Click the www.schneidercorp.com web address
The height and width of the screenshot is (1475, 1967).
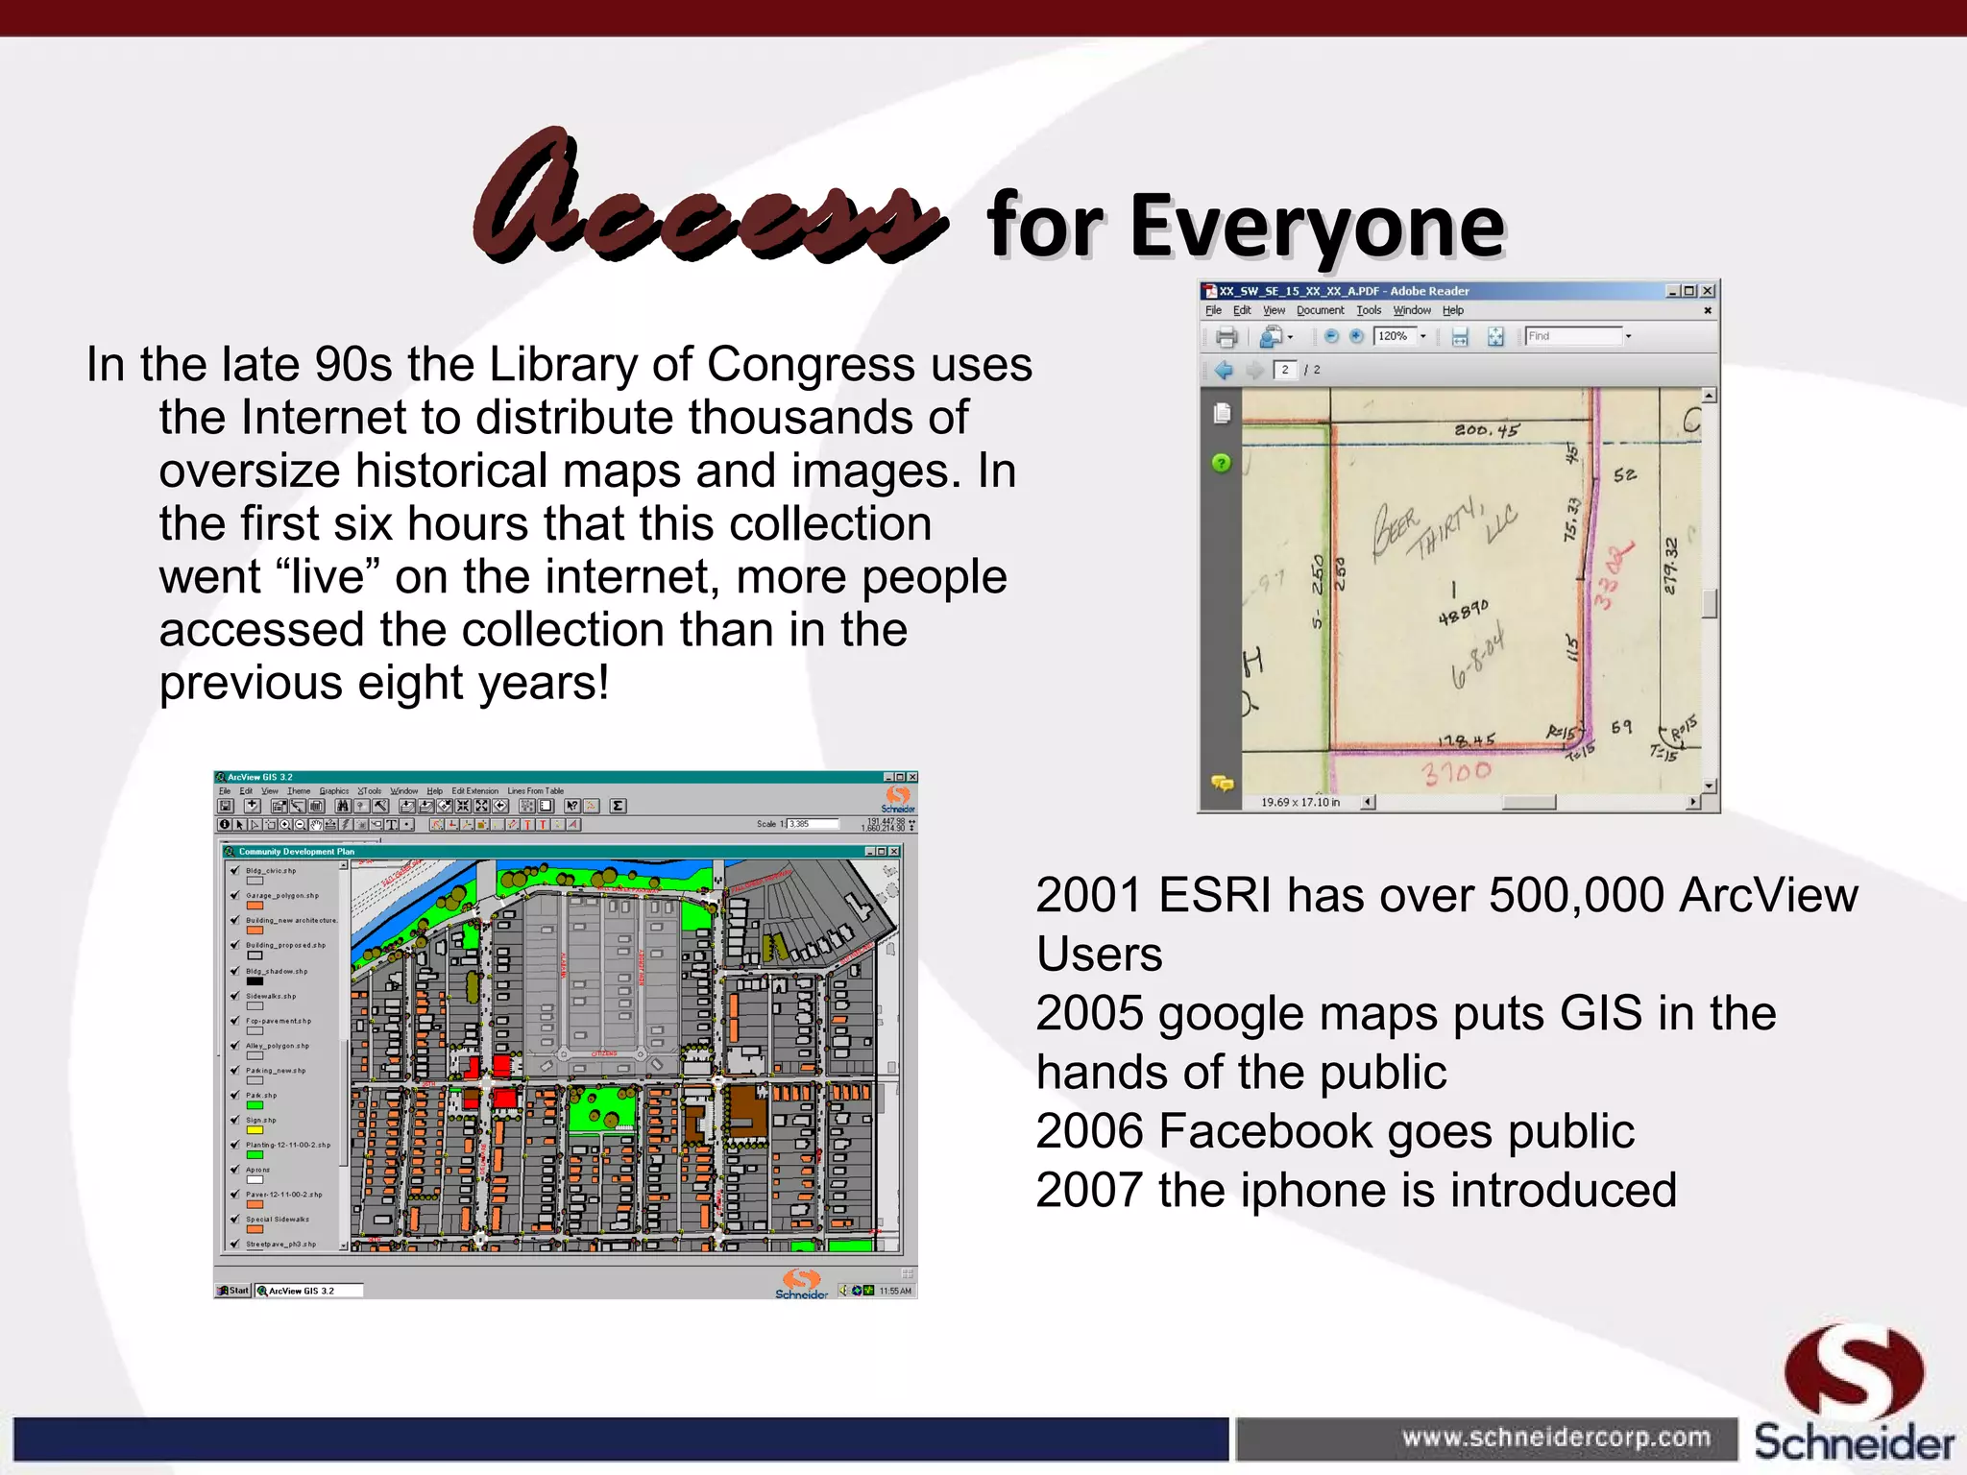(1555, 1438)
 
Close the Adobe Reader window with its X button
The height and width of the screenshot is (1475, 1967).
(1707, 291)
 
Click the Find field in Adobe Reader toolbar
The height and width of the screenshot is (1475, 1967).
(1573, 336)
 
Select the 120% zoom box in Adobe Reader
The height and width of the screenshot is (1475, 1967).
(1395, 336)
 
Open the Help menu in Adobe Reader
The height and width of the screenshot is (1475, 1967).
(1452, 310)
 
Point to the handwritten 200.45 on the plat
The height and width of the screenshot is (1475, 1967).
(1486, 430)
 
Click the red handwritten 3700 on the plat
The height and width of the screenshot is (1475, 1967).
(1457, 772)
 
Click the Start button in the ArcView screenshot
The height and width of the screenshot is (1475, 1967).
(233, 1291)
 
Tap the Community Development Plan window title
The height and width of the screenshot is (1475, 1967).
(297, 852)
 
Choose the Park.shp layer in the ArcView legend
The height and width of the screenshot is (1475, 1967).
(261, 1095)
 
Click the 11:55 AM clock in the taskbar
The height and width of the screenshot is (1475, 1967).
(895, 1291)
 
